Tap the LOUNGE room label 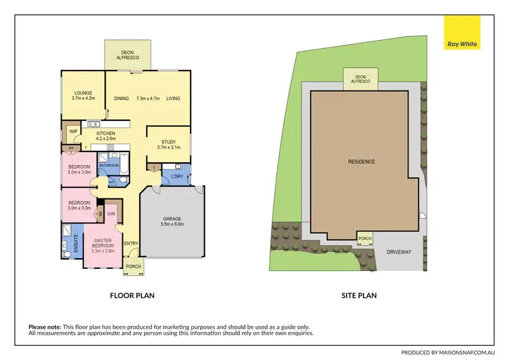(83, 95)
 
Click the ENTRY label (131, 244)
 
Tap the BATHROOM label (109, 165)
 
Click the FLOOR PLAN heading (133, 295)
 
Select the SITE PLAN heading (359, 295)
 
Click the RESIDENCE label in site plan (361, 162)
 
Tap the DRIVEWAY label (398, 251)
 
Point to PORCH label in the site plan (366, 238)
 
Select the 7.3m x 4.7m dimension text (147, 98)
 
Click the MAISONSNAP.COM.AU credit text (452, 353)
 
